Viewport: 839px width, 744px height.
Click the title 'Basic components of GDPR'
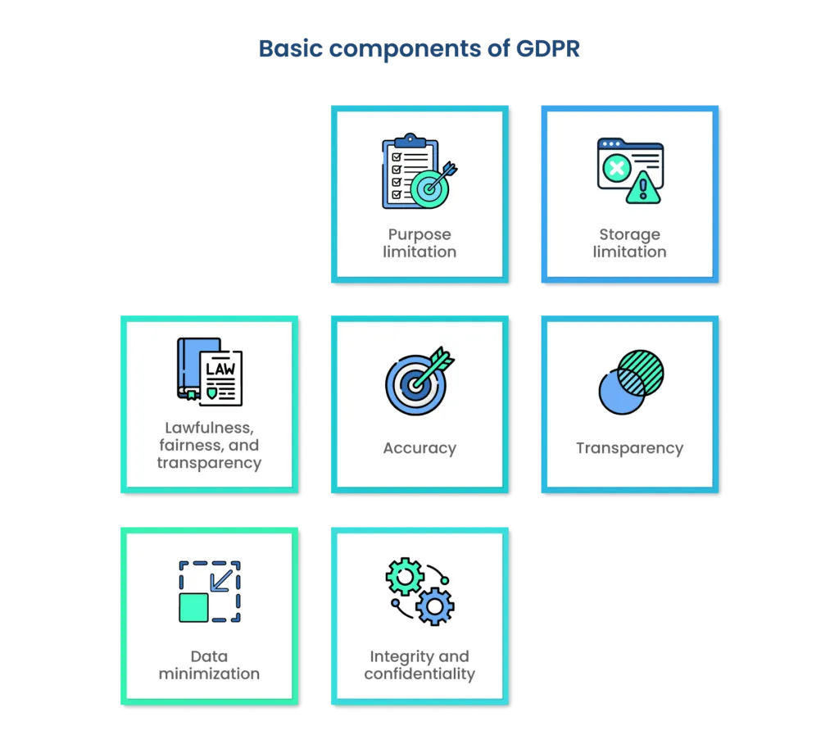tap(419, 49)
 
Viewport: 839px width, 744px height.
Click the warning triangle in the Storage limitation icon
tap(643, 188)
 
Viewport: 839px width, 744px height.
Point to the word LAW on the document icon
tap(220, 369)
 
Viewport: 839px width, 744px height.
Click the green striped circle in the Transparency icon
tap(640, 373)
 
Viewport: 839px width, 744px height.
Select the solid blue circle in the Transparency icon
tap(620, 392)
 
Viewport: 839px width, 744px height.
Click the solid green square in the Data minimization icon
tap(193, 607)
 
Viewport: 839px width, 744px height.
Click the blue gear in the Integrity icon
tap(433, 607)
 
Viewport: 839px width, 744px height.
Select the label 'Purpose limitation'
tap(419, 243)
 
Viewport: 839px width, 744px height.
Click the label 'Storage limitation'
tap(629, 243)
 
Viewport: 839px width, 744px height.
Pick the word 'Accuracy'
tap(419, 448)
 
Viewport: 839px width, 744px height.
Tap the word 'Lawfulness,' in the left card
tap(209, 428)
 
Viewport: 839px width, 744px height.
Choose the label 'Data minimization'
tap(209, 665)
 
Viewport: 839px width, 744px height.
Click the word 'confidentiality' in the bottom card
tap(419, 674)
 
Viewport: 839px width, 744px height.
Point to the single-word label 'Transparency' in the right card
tap(629, 448)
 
